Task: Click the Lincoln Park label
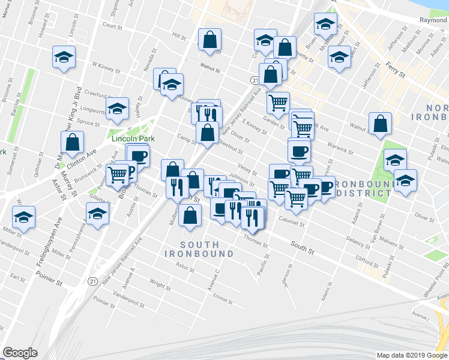(133, 139)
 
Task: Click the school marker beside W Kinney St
(64, 57)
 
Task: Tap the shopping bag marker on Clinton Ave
(72, 143)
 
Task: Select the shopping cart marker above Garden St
(278, 103)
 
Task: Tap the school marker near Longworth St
(118, 109)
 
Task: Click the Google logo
(19, 353)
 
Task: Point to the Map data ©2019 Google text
(412, 355)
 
